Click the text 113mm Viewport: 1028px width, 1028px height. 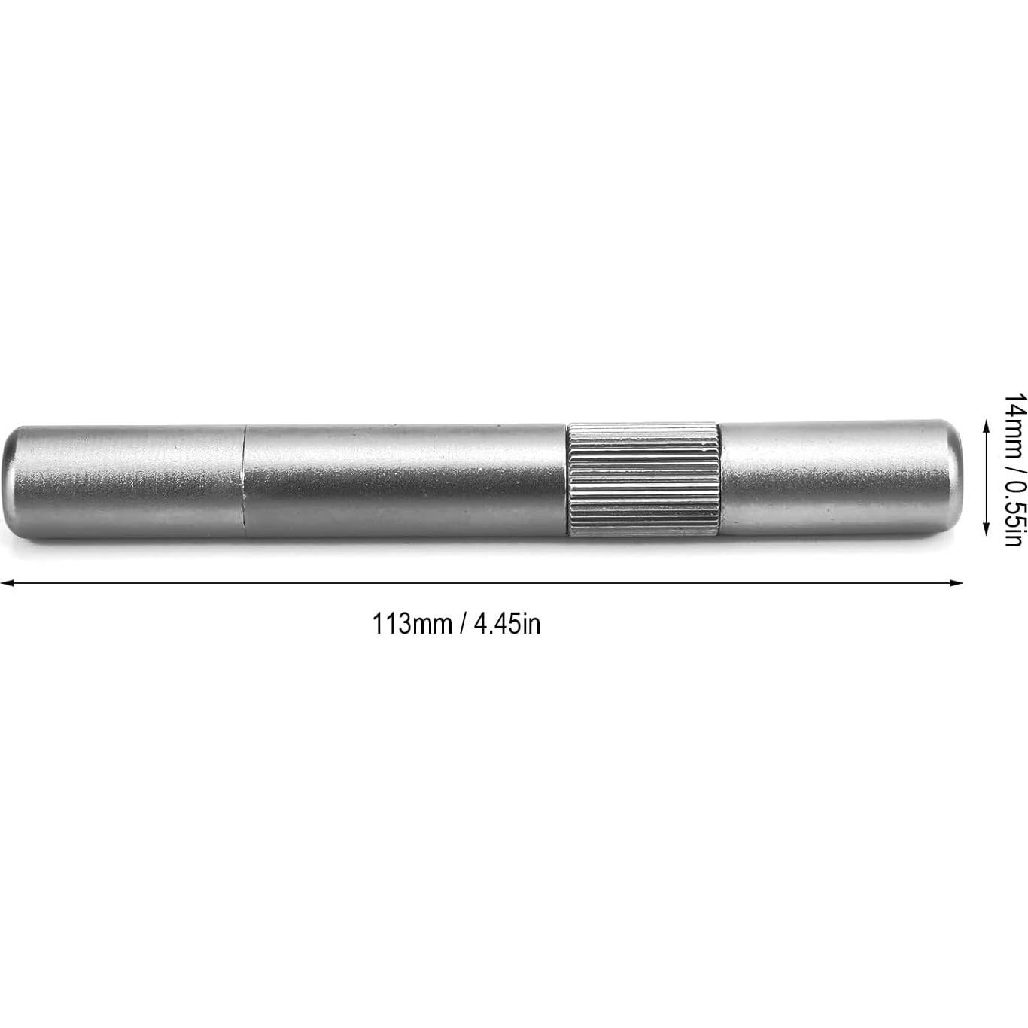click(412, 624)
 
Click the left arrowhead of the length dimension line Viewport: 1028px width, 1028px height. click(6, 582)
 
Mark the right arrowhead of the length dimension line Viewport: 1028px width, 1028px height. click(957, 582)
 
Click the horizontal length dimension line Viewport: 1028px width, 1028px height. click(482, 582)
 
